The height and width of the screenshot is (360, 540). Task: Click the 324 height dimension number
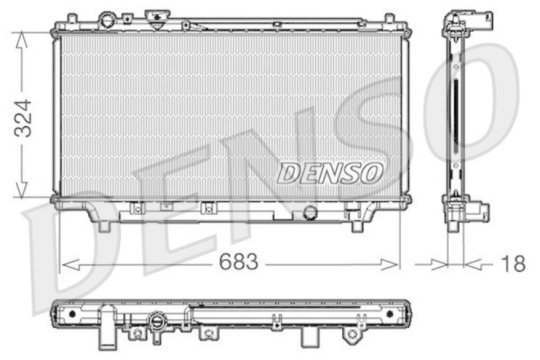[x=23, y=119]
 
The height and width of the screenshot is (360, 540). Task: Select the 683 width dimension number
[x=238, y=263]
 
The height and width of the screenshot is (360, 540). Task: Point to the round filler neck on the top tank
[x=107, y=18]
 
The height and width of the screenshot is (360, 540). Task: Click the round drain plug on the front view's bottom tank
[x=310, y=213]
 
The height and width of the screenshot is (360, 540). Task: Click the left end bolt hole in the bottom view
[x=71, y=315]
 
